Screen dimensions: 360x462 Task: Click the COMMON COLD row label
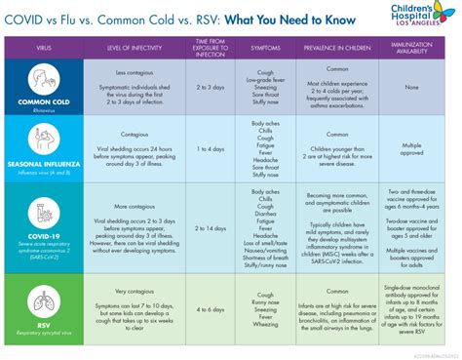point(40,100)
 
